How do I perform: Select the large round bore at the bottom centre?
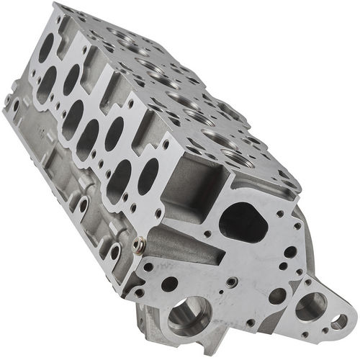coord(189,314)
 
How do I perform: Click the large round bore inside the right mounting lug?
coord(310,307)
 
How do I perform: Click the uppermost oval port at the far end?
coord(45,49)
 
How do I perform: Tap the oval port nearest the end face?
coord(148,174)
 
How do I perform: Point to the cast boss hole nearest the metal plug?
coord(115,251)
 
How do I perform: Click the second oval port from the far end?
coord(46,85)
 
